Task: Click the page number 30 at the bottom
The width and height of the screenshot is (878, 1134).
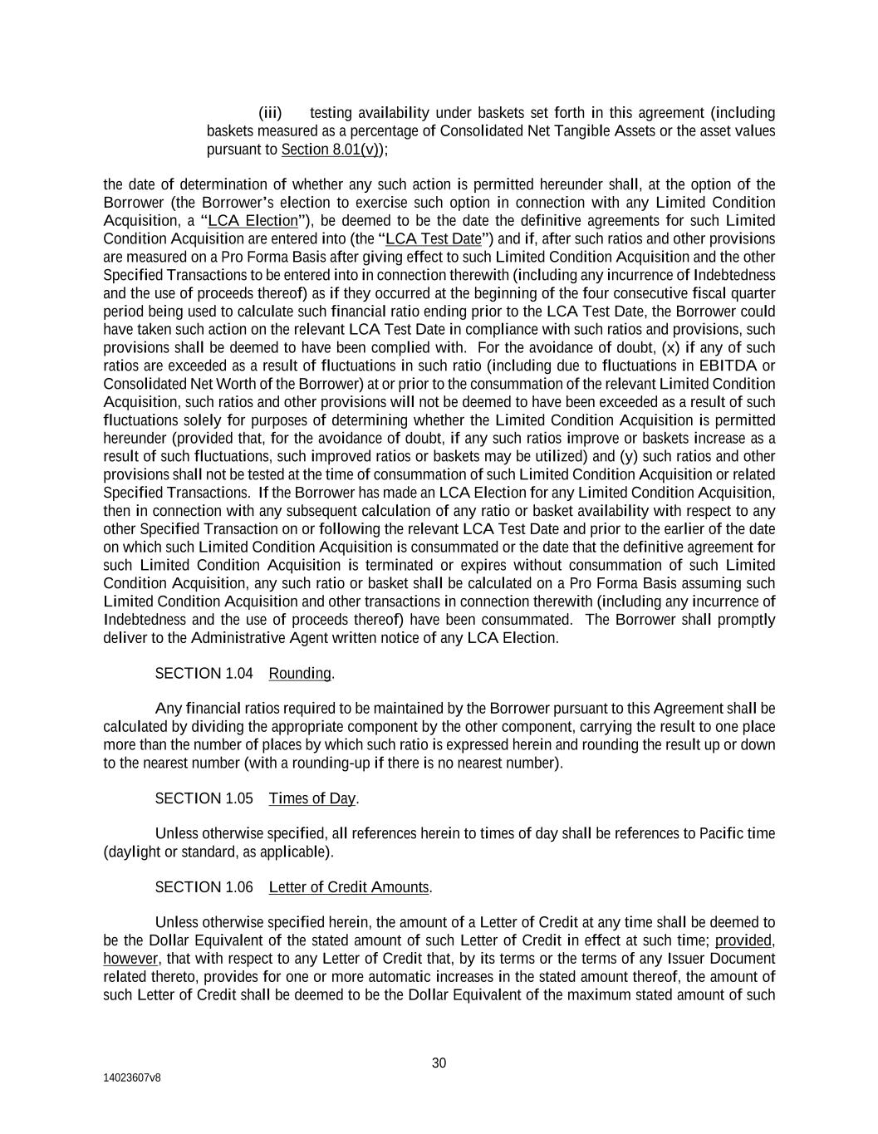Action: coord(439,1063)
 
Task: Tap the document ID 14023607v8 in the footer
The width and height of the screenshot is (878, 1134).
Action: coord(132,1078)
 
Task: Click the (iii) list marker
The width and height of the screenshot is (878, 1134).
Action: coord(270,113)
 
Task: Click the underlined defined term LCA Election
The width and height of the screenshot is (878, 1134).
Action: coord(253,221)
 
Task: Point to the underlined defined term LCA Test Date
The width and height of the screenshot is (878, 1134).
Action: coord(434,239)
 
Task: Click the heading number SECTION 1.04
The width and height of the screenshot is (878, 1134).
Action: coord(204,674)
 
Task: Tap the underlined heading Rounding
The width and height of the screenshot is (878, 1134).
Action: coord(300,674)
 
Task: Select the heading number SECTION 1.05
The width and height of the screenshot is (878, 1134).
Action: coord(204,799)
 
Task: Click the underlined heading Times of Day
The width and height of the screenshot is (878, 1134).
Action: coord(312,799)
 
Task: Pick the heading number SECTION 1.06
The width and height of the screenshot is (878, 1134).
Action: coord(204,888)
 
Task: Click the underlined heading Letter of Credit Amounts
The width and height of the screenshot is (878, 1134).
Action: coord(349,888)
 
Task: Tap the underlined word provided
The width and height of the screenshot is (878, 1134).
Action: coord(744,940)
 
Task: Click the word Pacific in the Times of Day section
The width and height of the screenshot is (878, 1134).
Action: coord(722,834)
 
